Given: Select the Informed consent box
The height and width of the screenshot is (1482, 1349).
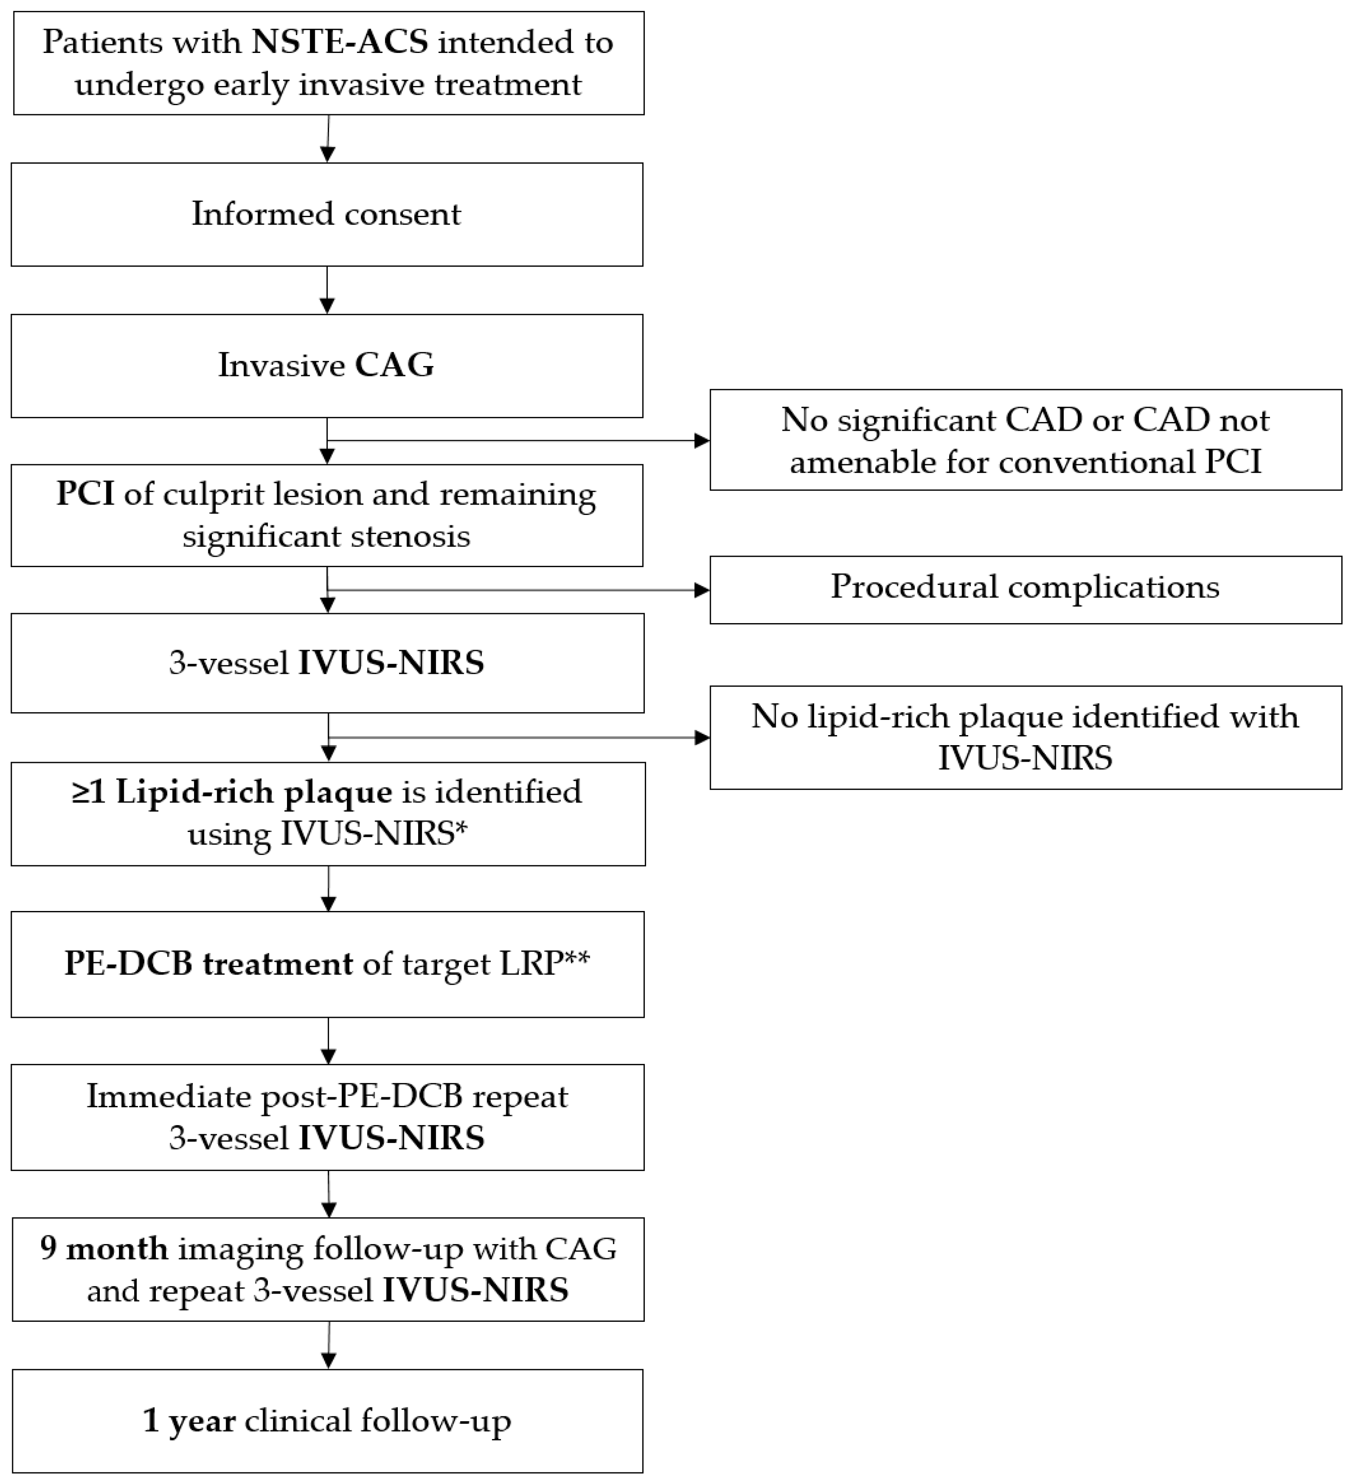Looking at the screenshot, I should coord(327,215).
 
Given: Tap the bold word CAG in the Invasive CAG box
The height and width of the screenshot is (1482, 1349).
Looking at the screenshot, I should coord(394,365).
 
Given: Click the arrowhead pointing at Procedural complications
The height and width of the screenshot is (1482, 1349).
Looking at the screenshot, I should coord(702,590).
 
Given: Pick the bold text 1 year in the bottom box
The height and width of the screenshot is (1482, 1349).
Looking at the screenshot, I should coord(189,1421).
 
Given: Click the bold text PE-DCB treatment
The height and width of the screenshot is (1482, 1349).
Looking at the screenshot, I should coord(209,964).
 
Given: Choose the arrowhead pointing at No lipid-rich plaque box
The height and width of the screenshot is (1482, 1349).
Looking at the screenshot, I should coord(702,737).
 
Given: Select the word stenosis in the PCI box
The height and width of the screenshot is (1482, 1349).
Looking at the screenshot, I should coord(410,536).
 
